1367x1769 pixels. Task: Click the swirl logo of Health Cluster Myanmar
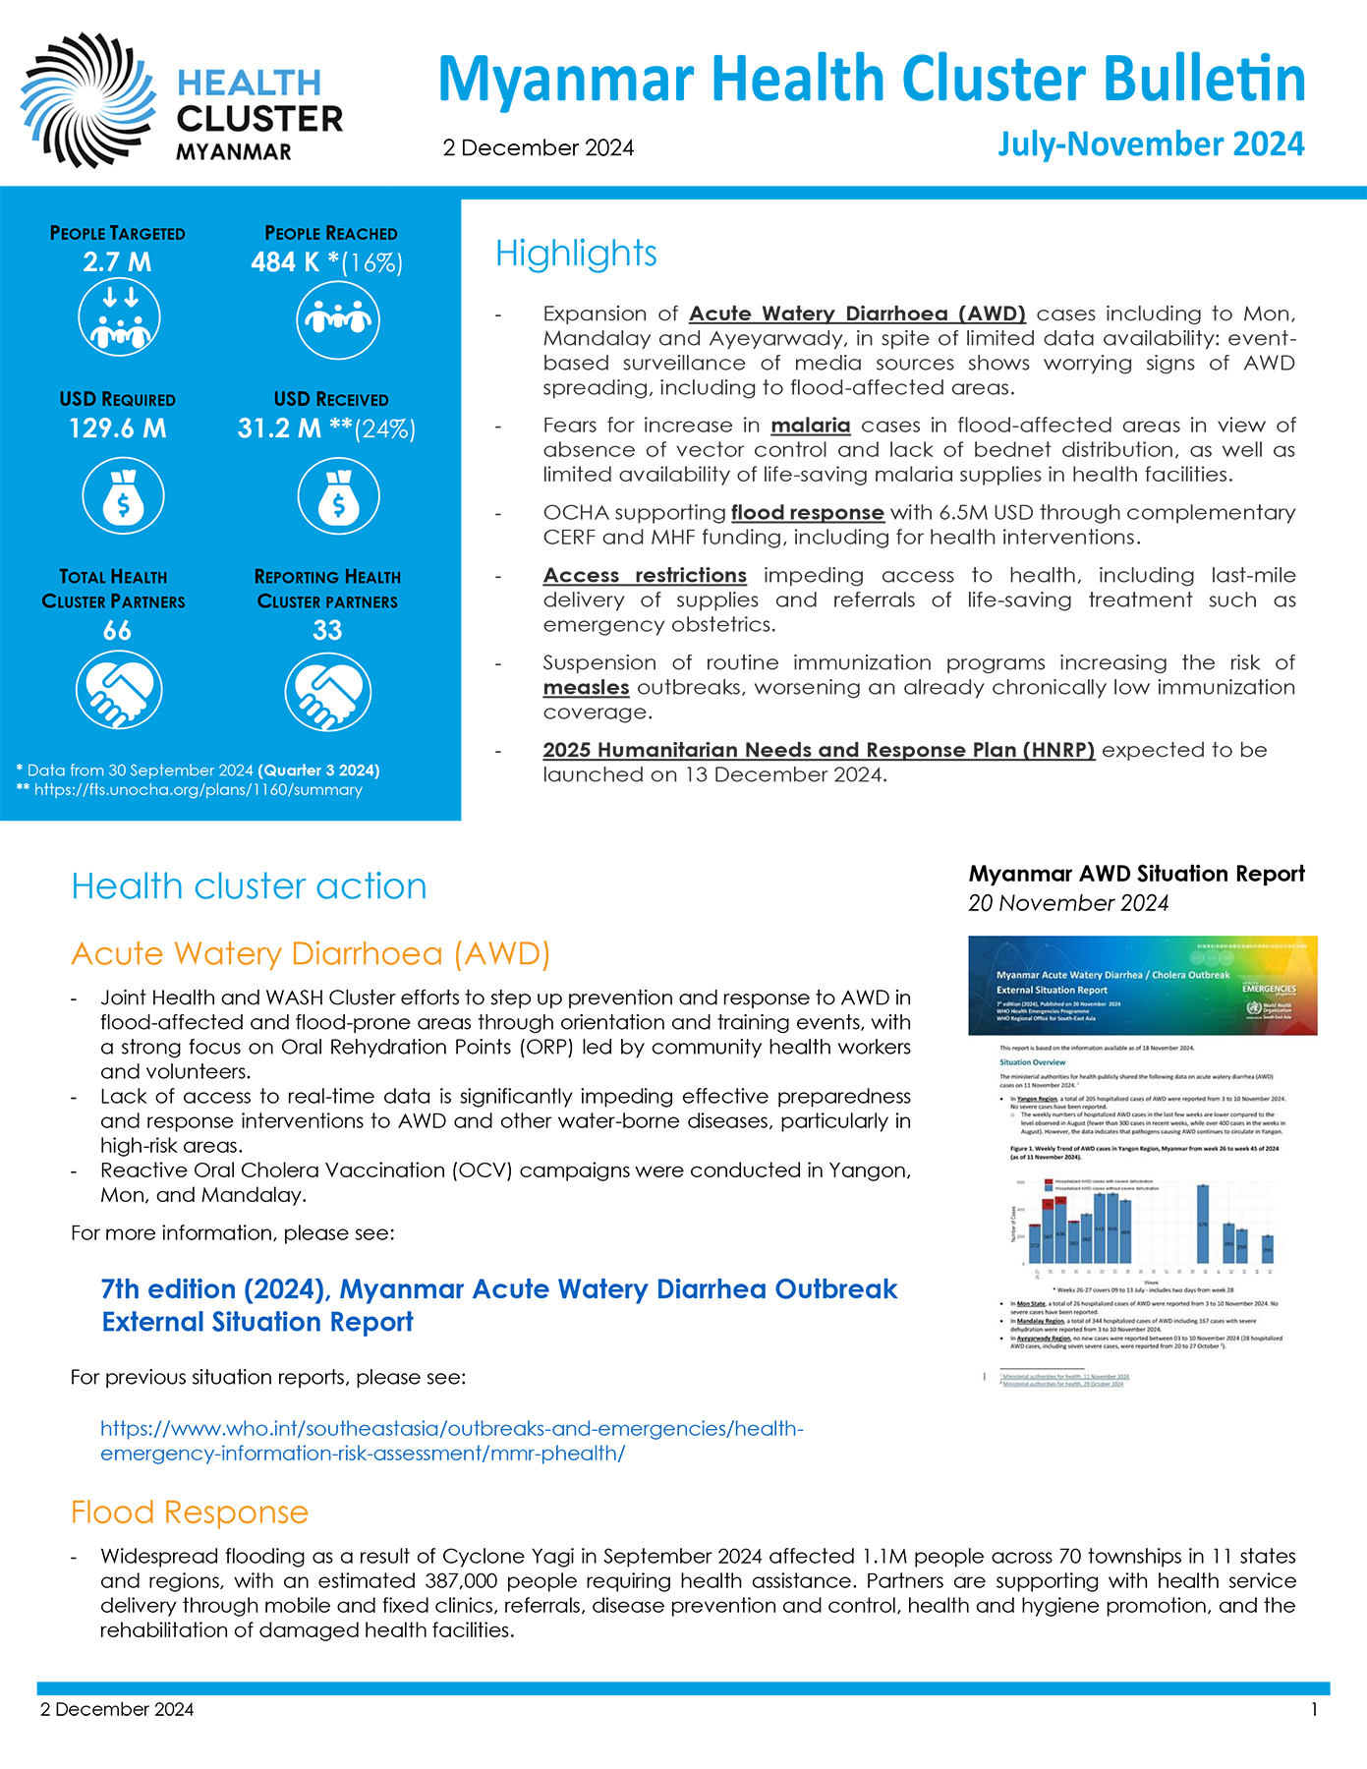pyautogui.click(x=88, y=100)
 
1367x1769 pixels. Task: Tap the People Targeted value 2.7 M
pyautogui.click(x=117, y=262)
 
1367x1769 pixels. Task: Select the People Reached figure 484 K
pyautogui.click(x=285, y=262)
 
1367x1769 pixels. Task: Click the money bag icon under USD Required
pyautogui.click(x=123, y=497)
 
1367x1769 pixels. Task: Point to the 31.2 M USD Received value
pyautogui.click(x=280, y=428)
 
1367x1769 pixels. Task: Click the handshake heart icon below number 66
pyautogui.click(x=119, y=691)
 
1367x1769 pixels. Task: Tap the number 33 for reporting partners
pyautogui.click(x=327, y=631)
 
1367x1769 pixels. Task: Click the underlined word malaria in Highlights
pyautogui.click(x=810, y=426)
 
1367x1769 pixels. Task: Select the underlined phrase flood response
pyautogui.click(x=807, y=513)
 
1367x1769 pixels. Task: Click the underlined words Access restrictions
pyautogui.click(x=645, y=576)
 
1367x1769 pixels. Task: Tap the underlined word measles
pyautogui.click(x=586, y=688)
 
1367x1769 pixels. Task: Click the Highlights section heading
pyautogui.click(x=576, y=254)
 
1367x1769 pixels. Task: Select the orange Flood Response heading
pyautogui.click(x=190, y=1512)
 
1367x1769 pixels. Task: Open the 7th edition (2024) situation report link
pyautogui.click(x=498, y=1305)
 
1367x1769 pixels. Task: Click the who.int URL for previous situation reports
pyautogui.click(x=451, y=1441)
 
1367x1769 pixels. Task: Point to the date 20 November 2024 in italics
pyautogui.click(x=1068, y=903)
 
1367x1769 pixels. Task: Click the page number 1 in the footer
pyautogui.click(x=1314, y=1710)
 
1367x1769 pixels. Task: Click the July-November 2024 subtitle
pyautogui.click(x=1151, y=144)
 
